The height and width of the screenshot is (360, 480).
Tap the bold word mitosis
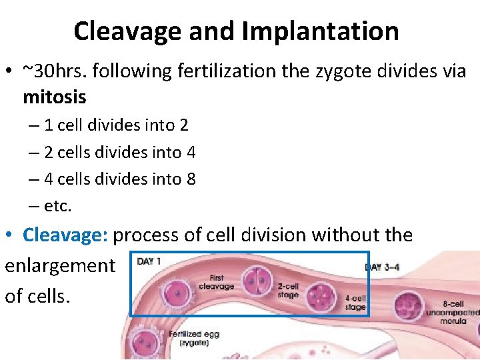55,97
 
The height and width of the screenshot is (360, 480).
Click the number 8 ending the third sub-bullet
191,179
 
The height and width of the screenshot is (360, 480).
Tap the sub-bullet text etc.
57,206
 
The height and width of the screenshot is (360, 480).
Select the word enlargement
60,265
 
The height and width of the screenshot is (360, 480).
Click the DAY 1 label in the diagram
149,261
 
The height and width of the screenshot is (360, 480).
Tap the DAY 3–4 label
383,268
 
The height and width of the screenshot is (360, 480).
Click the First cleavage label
216,282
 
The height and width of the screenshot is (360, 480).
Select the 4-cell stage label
355,303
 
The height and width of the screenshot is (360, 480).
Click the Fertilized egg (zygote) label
194,338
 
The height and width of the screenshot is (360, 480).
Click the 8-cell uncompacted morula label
453,312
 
